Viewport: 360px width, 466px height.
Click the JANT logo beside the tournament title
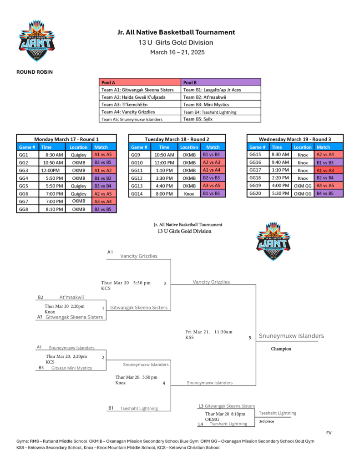click(x=36, y=41)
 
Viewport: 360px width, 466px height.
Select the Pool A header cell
click(x=140, y=82)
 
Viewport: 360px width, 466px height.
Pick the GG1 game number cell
click(x=28, y=155)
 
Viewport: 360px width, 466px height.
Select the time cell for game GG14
click(x=164, y=193)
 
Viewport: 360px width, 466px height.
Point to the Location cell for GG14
click(x=189, y=193)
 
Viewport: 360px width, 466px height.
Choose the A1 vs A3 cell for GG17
click(x=329, y=170)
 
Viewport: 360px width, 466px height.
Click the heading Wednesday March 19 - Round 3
click(x=295, y=139)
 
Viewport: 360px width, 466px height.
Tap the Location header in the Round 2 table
click(x=189, y=147)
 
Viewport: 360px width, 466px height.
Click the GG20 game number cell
click(x=258, y=193)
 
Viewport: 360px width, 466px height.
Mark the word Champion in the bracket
click(x=281, y=349)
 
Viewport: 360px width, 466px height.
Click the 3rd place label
click(x=266, y=421)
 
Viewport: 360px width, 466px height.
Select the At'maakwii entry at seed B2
click(x=71, y=297)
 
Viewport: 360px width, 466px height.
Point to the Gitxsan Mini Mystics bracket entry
click(x=71, y=368)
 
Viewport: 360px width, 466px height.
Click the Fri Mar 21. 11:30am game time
click(x=209, y=332)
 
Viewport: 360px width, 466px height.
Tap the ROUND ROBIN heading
click(x=35, y=72)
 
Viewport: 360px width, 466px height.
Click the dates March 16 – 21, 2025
click(x=177, y=52)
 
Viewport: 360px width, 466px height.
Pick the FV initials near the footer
click(x=329, y=433)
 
